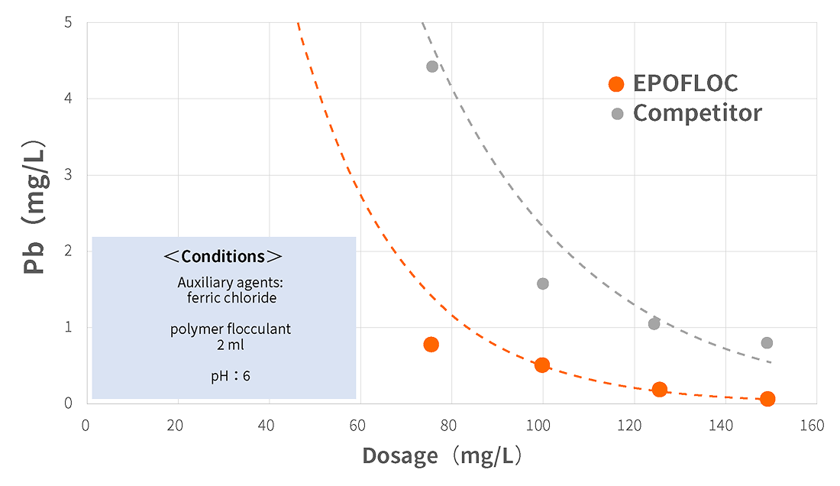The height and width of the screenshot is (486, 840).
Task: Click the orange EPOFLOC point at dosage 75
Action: click(431, 345)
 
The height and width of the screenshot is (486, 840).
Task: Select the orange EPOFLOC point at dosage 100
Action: click(542, 365)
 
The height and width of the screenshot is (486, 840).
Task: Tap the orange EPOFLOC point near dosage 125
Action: click(660, 390)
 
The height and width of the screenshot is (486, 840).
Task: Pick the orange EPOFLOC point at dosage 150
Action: click(767, 399)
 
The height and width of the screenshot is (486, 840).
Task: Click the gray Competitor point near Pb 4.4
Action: click(432, 66)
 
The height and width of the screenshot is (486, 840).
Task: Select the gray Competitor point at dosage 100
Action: click(543, 283)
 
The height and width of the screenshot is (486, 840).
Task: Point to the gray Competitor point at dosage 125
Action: click(654, 324)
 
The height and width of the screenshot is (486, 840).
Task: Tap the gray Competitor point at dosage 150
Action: click(767, 342)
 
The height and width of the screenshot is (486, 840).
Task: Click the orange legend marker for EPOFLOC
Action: click(616, 84)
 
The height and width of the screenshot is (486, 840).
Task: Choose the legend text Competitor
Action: click(697, 113)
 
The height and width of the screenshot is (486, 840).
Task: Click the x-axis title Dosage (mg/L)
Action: click(442, 456)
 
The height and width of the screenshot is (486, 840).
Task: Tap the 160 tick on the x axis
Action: click(813, 426)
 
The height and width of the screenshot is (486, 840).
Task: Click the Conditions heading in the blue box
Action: click(223, 257)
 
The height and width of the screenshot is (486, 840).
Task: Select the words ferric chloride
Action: click(231, 298)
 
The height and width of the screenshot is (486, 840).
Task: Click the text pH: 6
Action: click(231, 376)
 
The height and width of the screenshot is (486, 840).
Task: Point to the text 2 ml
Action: click(231, 345)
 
